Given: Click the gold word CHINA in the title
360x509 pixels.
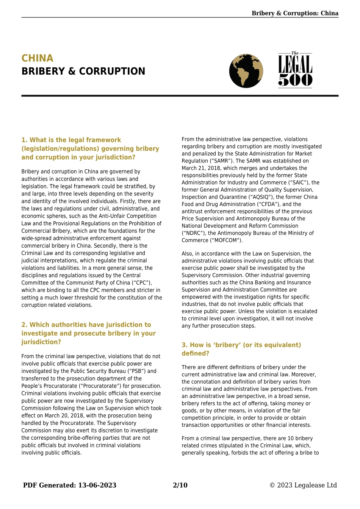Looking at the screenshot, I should pyautogui.click(x=38, y=58).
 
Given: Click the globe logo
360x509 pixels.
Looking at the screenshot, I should pyautogui.click(x=246, y=71).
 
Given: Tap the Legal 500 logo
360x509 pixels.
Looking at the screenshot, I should pyautogui.click(x=295, y=70).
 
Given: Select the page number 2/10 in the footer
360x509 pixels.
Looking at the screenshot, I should pyautogui.click(x=180, y=485).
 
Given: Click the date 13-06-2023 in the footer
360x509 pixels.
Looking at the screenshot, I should pyautogui.click(x=97, y=485).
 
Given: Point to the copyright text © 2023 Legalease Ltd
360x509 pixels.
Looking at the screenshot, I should pyautogui.click(x=303, y=485).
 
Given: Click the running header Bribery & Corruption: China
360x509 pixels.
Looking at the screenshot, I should pyautogui.click(x=295, y=13).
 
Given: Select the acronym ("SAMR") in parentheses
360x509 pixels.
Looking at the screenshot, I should pyautogui.click(x=221, y=161).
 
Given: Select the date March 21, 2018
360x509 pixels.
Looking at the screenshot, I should pyautogui.click(x=200, y=168).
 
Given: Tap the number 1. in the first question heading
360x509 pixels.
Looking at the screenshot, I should pyautogui.click(x=25, y=140).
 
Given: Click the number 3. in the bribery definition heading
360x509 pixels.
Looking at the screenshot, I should pyautogui.click(x=185, y=345).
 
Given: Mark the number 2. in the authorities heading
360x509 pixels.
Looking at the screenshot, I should pyautogui.click(x=25, y=325).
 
